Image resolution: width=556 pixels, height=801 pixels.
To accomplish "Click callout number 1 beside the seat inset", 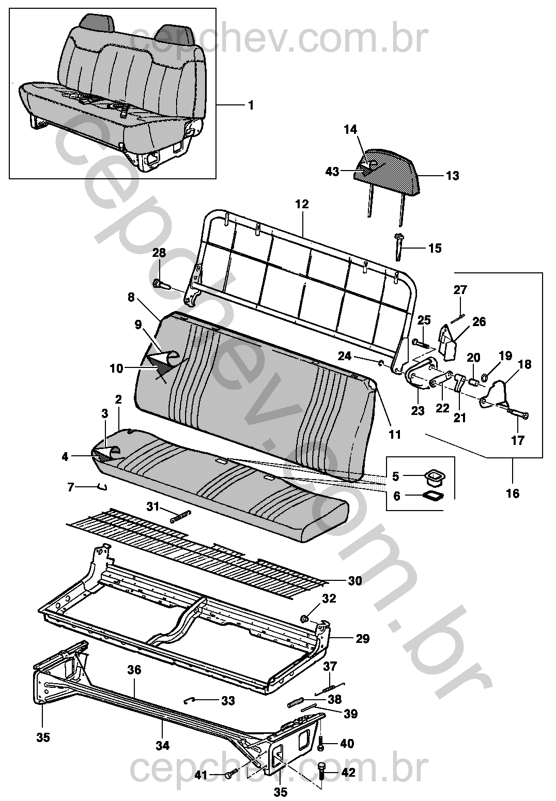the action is click(x=251, y=105).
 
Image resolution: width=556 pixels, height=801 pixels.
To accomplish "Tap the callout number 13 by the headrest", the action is click(x=452, y=176).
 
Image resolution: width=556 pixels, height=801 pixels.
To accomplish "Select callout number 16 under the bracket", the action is click(x=513, y=494).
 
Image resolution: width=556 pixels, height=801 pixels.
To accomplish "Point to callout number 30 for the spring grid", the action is click(x=355, y=581).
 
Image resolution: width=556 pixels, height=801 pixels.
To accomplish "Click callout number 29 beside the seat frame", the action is click(x=362, y=638).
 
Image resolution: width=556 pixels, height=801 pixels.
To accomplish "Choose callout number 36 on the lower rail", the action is click(x=134, y=669).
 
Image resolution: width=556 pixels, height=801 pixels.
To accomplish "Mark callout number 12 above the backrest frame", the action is click(x=302, y=205).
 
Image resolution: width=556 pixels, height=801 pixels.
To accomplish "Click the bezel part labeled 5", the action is click(x=434, y=476).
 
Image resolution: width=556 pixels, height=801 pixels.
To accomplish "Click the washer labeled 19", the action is click(x=485, y=376).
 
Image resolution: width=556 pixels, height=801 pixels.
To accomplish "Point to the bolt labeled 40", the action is click(x=321, y=744).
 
